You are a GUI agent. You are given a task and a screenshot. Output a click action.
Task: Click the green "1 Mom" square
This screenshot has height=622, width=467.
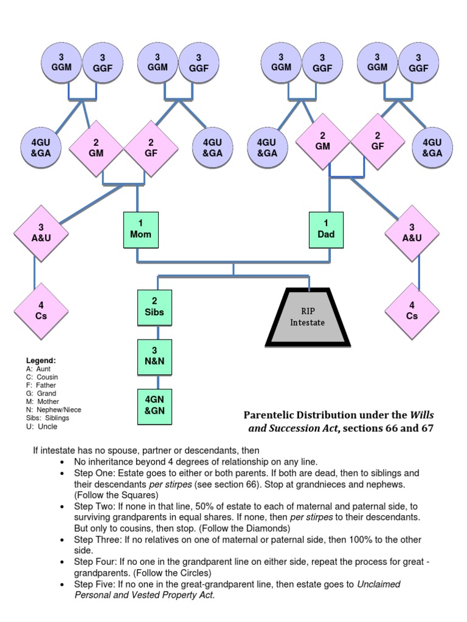pos(140,230)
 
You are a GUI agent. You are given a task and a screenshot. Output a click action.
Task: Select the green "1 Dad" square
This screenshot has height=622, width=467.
pos(326,230)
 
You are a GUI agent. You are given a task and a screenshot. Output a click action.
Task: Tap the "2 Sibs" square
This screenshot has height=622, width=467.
pos(154,307)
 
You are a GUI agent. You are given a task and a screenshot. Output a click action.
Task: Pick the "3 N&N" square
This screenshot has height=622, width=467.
pos(154,357)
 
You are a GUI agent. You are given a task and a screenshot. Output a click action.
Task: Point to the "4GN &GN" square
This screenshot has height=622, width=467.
pos(154,406)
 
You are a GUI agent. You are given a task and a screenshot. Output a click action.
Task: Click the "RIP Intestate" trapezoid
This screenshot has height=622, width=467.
pos(307,317)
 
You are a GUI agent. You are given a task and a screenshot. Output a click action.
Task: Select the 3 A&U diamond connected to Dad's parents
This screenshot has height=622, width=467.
pos(412,233)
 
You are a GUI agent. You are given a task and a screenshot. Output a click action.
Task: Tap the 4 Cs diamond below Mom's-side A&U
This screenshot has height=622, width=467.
pos(41,311)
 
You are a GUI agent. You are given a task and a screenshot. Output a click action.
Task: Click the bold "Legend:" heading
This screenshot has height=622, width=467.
pos(41,360)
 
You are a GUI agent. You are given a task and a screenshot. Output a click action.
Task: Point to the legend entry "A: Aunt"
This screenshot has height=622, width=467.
pos(38,369)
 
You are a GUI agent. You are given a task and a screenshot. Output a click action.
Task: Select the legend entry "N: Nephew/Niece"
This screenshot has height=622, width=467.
pos(54,409)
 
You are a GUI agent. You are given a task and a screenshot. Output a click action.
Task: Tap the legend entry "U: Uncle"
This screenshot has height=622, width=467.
pos(41,426)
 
